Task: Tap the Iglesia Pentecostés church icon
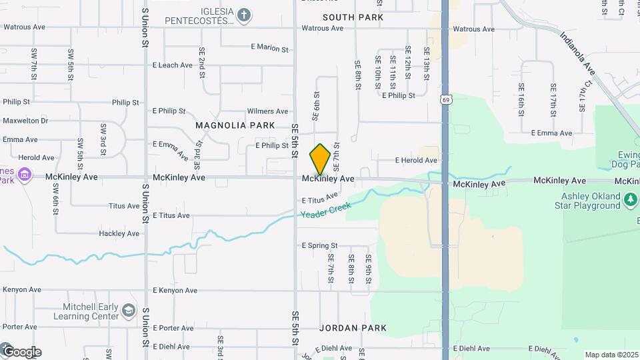[x=244, y=14]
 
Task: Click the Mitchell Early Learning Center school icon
[x=128, y=311]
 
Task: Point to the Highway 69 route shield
[x=445, y=99]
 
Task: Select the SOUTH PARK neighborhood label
[x=353, y=17]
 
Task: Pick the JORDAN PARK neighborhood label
[x=353, y=328]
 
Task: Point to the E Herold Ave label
[x=416, y=161]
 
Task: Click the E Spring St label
[x=320, y=245]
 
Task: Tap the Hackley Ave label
[x=119, y=233]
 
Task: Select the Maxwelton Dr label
[x=25, y=121]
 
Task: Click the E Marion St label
[x=269, y=48]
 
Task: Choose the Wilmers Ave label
[x=267, y=111]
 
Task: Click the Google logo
[x=21, y=351]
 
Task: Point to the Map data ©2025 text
[x=612, y=355]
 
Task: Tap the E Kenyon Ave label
[x=175, y=291]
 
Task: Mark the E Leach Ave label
[x=173, y=65]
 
